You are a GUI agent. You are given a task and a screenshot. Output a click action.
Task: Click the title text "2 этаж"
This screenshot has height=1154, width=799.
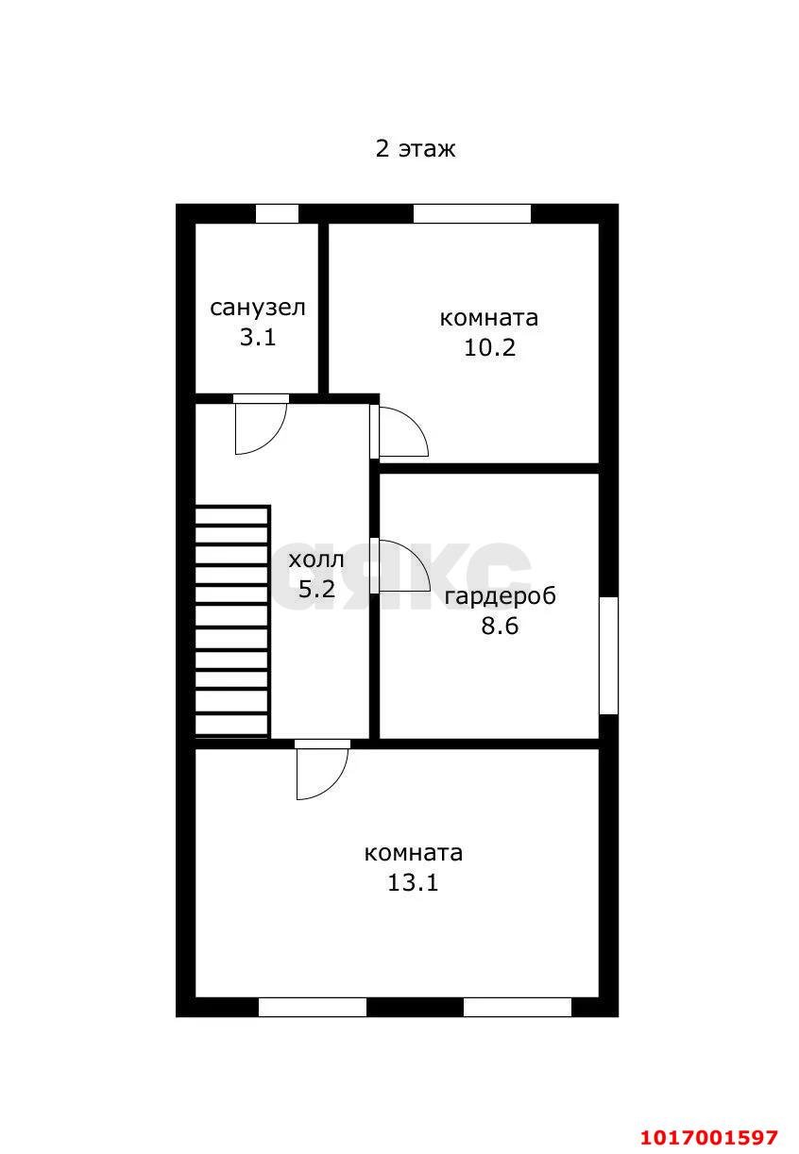click(415, 149)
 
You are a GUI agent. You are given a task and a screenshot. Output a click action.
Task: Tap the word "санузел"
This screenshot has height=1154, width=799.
click(258, 308)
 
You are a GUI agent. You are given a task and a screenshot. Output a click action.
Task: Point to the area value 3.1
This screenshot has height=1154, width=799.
click(258, 338)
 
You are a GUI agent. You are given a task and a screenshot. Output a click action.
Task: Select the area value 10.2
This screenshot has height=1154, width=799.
click(489, 348)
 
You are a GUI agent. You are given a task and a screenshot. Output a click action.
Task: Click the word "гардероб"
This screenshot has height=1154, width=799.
click(500, 596)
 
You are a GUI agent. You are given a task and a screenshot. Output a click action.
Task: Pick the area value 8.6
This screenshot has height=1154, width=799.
click(500, 626)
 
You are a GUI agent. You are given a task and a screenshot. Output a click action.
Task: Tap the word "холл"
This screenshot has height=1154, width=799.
click(316, 560)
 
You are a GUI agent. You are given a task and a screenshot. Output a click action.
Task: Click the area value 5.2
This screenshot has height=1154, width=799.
click(316, 589)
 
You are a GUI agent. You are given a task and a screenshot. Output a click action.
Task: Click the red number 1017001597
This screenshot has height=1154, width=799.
click(708, 1136)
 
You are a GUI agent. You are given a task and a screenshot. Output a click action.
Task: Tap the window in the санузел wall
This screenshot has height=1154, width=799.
click(278, 214)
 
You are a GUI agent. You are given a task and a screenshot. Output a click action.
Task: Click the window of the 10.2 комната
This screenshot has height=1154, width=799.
click(472, 214)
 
